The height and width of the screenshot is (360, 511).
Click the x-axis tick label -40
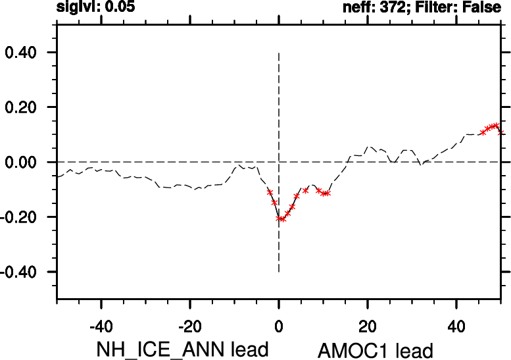[x=101, y=326]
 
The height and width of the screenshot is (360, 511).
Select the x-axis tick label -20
[x=189, y=326]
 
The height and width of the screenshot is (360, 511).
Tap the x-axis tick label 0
[x=279, y=326]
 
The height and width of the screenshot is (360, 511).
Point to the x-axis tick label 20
[x=368, y=326]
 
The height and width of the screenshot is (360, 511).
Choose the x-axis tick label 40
[x=456, y=326]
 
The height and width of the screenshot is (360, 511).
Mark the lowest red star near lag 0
[x=283, y=219]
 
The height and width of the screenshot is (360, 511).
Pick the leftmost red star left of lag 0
[x=270, y=192]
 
